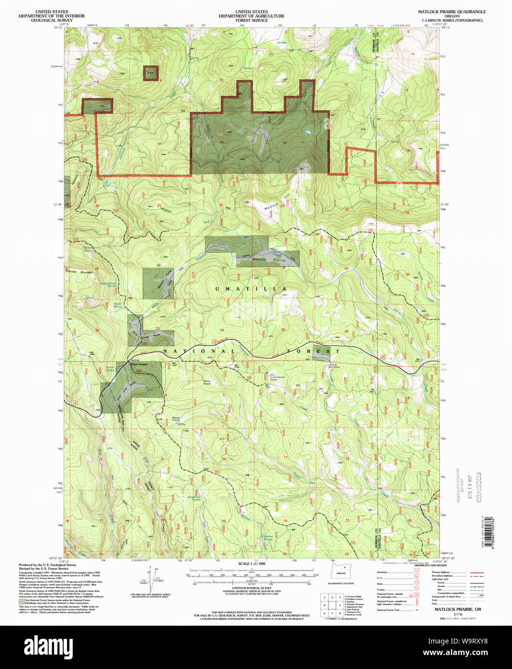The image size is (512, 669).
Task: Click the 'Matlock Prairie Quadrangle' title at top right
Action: [x=452, y=11]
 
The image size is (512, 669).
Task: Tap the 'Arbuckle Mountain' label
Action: [x=80, y=272]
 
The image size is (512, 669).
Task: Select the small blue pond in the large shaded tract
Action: [x=306, y=132]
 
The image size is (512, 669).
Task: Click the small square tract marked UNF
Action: [x=151, y=73]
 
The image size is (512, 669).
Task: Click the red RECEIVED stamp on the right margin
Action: [x=478, y=486]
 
